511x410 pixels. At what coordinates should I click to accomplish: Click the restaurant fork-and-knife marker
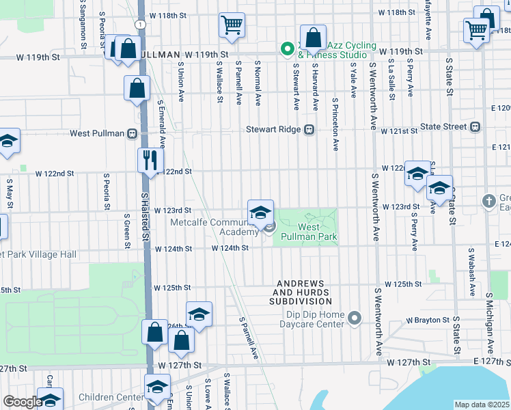coord(148,161)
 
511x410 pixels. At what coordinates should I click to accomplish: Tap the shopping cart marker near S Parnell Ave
coord(232,25)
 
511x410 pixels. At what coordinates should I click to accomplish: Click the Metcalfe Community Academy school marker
coord(260,212)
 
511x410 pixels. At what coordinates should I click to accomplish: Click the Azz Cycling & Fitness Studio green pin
coord(288,49)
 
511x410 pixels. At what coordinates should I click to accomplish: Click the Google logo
coord(22,402)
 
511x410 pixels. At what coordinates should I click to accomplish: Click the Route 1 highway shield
coord(139,24)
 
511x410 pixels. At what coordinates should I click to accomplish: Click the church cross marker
coord(488,202)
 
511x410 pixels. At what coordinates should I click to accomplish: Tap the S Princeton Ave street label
coord(335,123)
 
